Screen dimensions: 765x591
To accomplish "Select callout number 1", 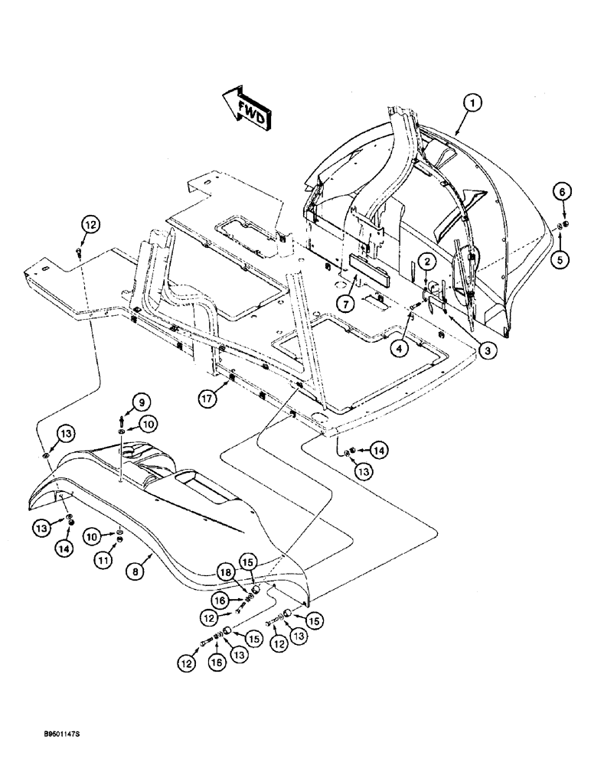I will click(x=474, y=102).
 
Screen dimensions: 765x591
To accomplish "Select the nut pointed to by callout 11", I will click(x=120, y=543).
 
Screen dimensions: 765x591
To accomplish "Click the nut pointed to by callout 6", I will click(x=563, y=225).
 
